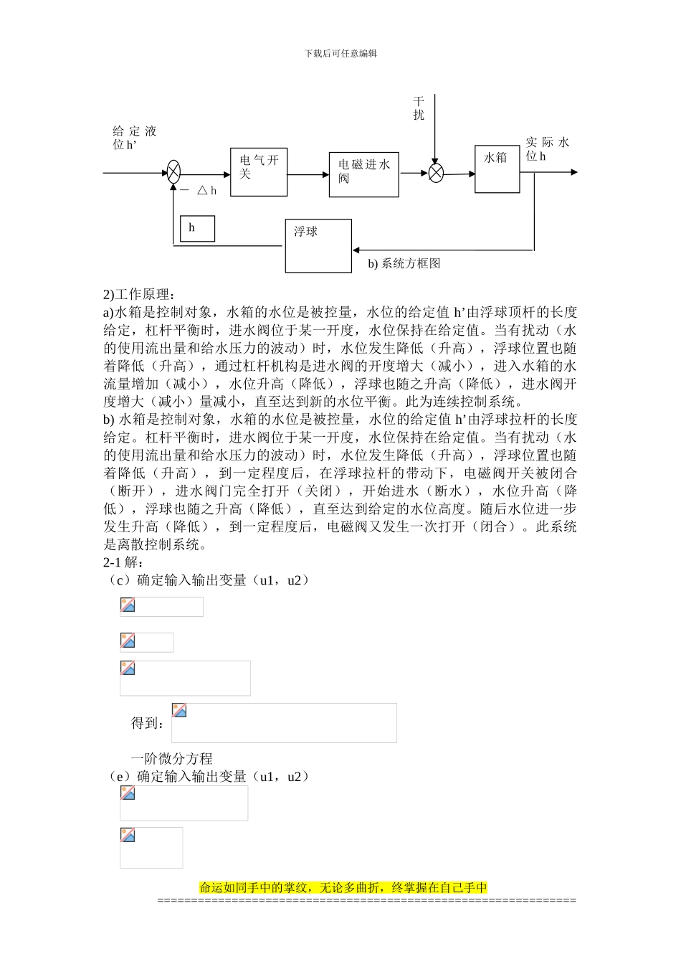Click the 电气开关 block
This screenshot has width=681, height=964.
pyautogui.click(x=259, y=172)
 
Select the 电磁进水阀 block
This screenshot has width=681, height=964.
pyautogui.click(x=363, y=174)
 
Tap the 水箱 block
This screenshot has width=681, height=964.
pyautogui.click(x=497, y=169)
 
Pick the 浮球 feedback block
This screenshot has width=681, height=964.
pyautogui.click(x=318, y=246)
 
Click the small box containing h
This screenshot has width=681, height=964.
pyautogui.click(x=197, y=229)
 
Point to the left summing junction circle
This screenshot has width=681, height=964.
pyautogui.click(x=173, y=172)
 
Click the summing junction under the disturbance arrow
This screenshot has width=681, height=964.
pyautogui.click(x=436, y=173)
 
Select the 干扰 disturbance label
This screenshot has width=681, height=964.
pyautogui.click(x=419, y=108)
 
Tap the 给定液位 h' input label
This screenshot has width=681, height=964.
pyautogui.click(x=134, y=138)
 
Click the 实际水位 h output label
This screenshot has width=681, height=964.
pyautogui.click(x=547, y=148)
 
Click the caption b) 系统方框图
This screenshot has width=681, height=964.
pyautogui.click(x=404, y=264)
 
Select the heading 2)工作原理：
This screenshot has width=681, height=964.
pyautogui.click(x=138, y=294)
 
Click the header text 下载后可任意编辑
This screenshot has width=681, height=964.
pyautogui.click(x=340, y=54)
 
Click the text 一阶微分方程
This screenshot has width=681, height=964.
pyautogui.click(x=171, y=758)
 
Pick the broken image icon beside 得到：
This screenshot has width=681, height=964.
pyautogui.click(x=179, y=711)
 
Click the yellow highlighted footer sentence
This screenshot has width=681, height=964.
pyautogui.click(x=343, y=887)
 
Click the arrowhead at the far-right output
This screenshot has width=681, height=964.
pyautogui.click(x=573, y=172)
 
